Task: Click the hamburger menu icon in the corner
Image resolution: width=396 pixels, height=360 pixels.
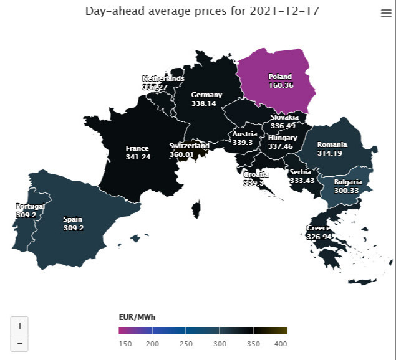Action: point(385,14)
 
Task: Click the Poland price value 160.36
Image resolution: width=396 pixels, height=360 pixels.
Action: point(281,85)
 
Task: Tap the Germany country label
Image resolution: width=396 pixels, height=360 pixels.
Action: point(206,95)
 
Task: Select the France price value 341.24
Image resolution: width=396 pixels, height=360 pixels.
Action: point(137,157)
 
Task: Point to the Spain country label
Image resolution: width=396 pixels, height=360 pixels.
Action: point(73,219)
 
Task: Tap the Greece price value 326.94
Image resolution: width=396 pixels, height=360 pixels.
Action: point(318,237)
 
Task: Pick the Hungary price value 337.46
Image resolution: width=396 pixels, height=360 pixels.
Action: point(283,146)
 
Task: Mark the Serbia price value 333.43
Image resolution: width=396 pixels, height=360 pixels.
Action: point(302,181)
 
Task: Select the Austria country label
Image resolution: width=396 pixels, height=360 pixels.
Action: point(244,134)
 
